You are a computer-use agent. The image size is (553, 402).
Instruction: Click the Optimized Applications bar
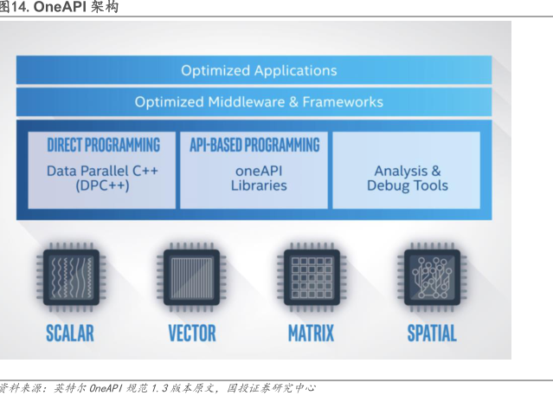point(254,70)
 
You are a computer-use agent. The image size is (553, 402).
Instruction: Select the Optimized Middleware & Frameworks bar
point(254,101)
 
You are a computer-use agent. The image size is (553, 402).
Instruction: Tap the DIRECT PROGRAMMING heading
point(103,145)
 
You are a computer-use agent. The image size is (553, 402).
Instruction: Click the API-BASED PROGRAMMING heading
point(254,145)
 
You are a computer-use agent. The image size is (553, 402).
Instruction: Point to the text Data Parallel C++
point(102,171)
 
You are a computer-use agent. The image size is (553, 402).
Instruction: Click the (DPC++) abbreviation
point(102,185)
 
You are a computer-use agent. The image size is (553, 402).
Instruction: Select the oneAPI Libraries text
point(259,178)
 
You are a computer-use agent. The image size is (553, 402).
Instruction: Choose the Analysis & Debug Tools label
point(408,178)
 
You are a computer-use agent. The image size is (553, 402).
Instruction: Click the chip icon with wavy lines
point(71,277)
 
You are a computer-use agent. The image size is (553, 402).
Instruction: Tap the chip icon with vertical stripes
point(191,277)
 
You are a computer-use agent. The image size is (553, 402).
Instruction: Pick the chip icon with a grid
point(312,277)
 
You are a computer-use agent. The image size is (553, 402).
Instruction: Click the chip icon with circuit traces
point(432,277)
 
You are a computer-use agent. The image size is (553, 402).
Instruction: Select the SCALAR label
point(70,334)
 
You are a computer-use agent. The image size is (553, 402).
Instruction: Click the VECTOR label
point(192,334)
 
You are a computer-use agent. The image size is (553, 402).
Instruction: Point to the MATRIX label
point(311,334)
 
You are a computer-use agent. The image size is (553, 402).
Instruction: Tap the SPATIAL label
point(432,334)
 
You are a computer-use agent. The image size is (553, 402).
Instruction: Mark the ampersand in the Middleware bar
point(293,102)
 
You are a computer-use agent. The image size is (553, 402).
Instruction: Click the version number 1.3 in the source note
point(159,389)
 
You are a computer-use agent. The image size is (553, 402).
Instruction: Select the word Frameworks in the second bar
point(343,101)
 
